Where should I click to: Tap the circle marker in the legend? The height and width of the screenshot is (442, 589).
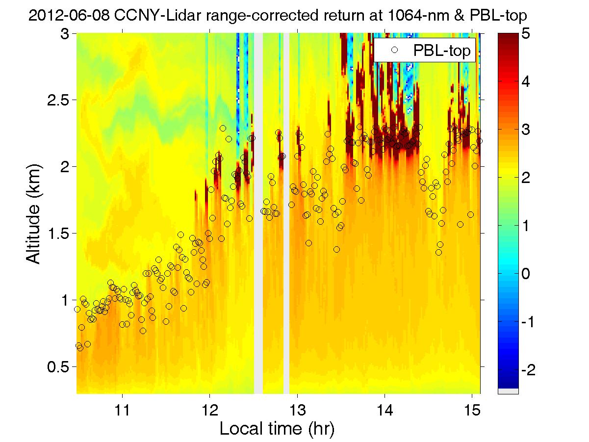point(394,50)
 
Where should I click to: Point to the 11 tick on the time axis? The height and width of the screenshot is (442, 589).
point(122,408)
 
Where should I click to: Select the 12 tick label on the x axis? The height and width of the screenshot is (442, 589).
point(209,408)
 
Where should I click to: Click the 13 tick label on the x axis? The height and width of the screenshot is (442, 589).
point(297,408)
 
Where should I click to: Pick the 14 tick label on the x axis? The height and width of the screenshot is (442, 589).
point(385,408)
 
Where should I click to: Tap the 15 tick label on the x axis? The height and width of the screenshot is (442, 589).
point(472,408)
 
